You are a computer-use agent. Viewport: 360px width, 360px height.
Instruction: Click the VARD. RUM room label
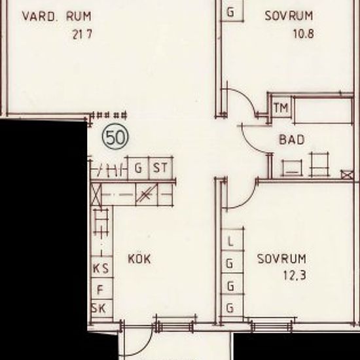(x=56, y=15)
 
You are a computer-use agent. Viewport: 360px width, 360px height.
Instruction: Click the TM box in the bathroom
(x=281, y=107)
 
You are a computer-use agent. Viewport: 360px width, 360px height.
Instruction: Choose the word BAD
(x=292, y=139)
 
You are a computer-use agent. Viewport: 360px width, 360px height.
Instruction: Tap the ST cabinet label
(x=160, y=168)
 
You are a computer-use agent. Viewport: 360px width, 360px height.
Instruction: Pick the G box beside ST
(x=138, y=168)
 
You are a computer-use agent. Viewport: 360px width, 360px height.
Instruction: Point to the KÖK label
(x=139, y=259)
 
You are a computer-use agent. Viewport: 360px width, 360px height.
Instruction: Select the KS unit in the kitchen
(x=100, y=268)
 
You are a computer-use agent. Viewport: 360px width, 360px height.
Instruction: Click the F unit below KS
(x=100, y=288)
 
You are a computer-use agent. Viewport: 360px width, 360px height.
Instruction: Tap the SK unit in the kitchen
(x=100, y=308)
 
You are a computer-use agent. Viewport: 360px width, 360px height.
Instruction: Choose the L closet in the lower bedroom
(x=230, y=242)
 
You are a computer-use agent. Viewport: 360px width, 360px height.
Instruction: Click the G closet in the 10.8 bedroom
(x=230, y=12)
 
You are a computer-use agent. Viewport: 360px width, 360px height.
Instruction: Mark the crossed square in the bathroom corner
(x=346, y=174)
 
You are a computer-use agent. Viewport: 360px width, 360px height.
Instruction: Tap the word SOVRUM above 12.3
(x=281, y=258)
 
